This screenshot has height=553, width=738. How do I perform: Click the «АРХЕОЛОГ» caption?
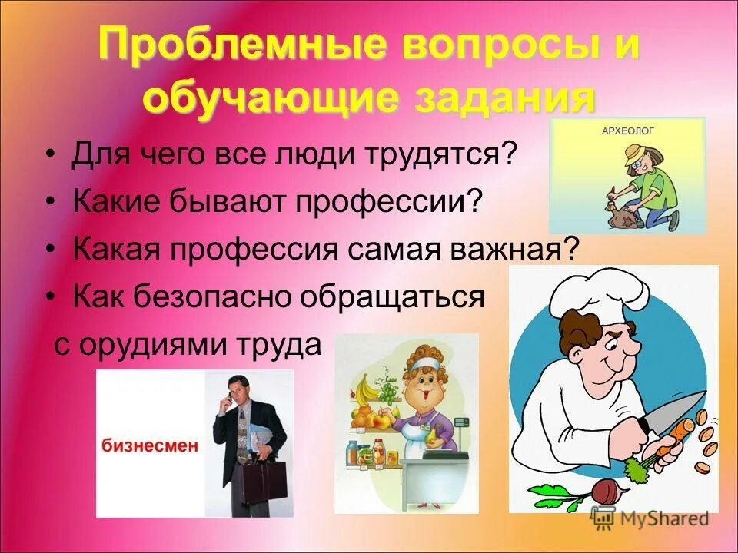click(x=626, y=132)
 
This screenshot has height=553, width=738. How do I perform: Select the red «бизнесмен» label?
click(x=150, y=445)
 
